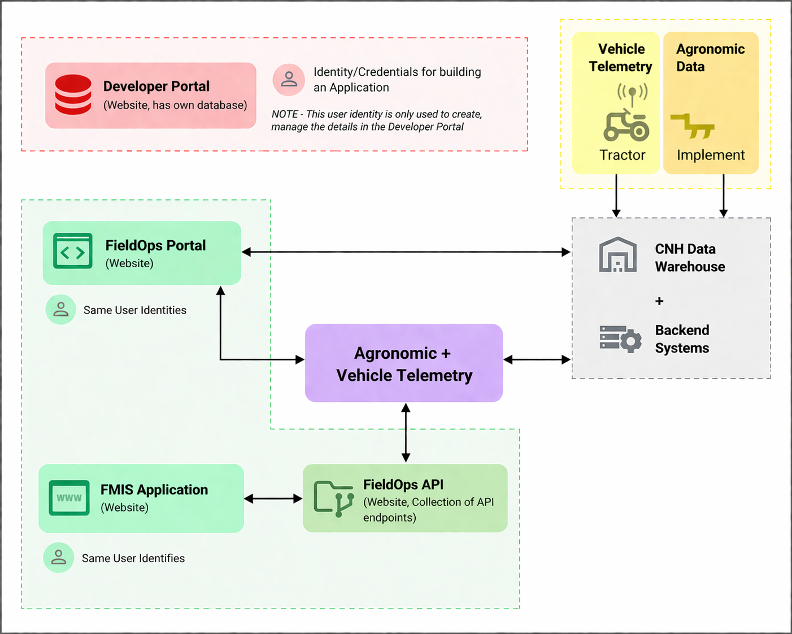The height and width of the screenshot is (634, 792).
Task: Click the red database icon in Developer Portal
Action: coord(73,95)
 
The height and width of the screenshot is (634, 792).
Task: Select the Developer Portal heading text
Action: coord(156,86)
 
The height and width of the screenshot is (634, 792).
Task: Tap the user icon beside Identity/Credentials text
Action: coord(289,79)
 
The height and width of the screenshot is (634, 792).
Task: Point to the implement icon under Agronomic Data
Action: coord(693,125)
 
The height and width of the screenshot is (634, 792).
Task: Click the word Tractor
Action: coord(622,155)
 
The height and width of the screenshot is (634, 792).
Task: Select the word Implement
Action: coord(710,155)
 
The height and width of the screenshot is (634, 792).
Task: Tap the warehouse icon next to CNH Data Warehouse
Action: coord(617,255)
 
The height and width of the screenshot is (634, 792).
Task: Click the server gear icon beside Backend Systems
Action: coord(620,338)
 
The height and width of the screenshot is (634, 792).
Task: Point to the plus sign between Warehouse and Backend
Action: coord(659,301)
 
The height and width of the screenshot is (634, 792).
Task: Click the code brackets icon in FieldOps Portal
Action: coord(73,251)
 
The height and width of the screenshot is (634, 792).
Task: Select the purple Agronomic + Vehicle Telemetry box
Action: coord(404,363)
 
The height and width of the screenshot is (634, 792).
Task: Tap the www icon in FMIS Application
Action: coord(69,498)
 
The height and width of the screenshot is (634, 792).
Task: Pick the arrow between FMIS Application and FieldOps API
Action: coord(273,498)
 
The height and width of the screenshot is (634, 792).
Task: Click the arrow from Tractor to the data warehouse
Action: coord(616,196)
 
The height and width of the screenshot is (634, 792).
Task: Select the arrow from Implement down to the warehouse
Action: coord(723,196)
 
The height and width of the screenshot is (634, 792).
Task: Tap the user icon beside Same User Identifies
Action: coord(59,558)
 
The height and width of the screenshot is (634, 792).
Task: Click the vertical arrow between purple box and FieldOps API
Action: coord(406,433)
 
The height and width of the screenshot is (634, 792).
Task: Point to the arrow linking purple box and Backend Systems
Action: coord(537,359)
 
